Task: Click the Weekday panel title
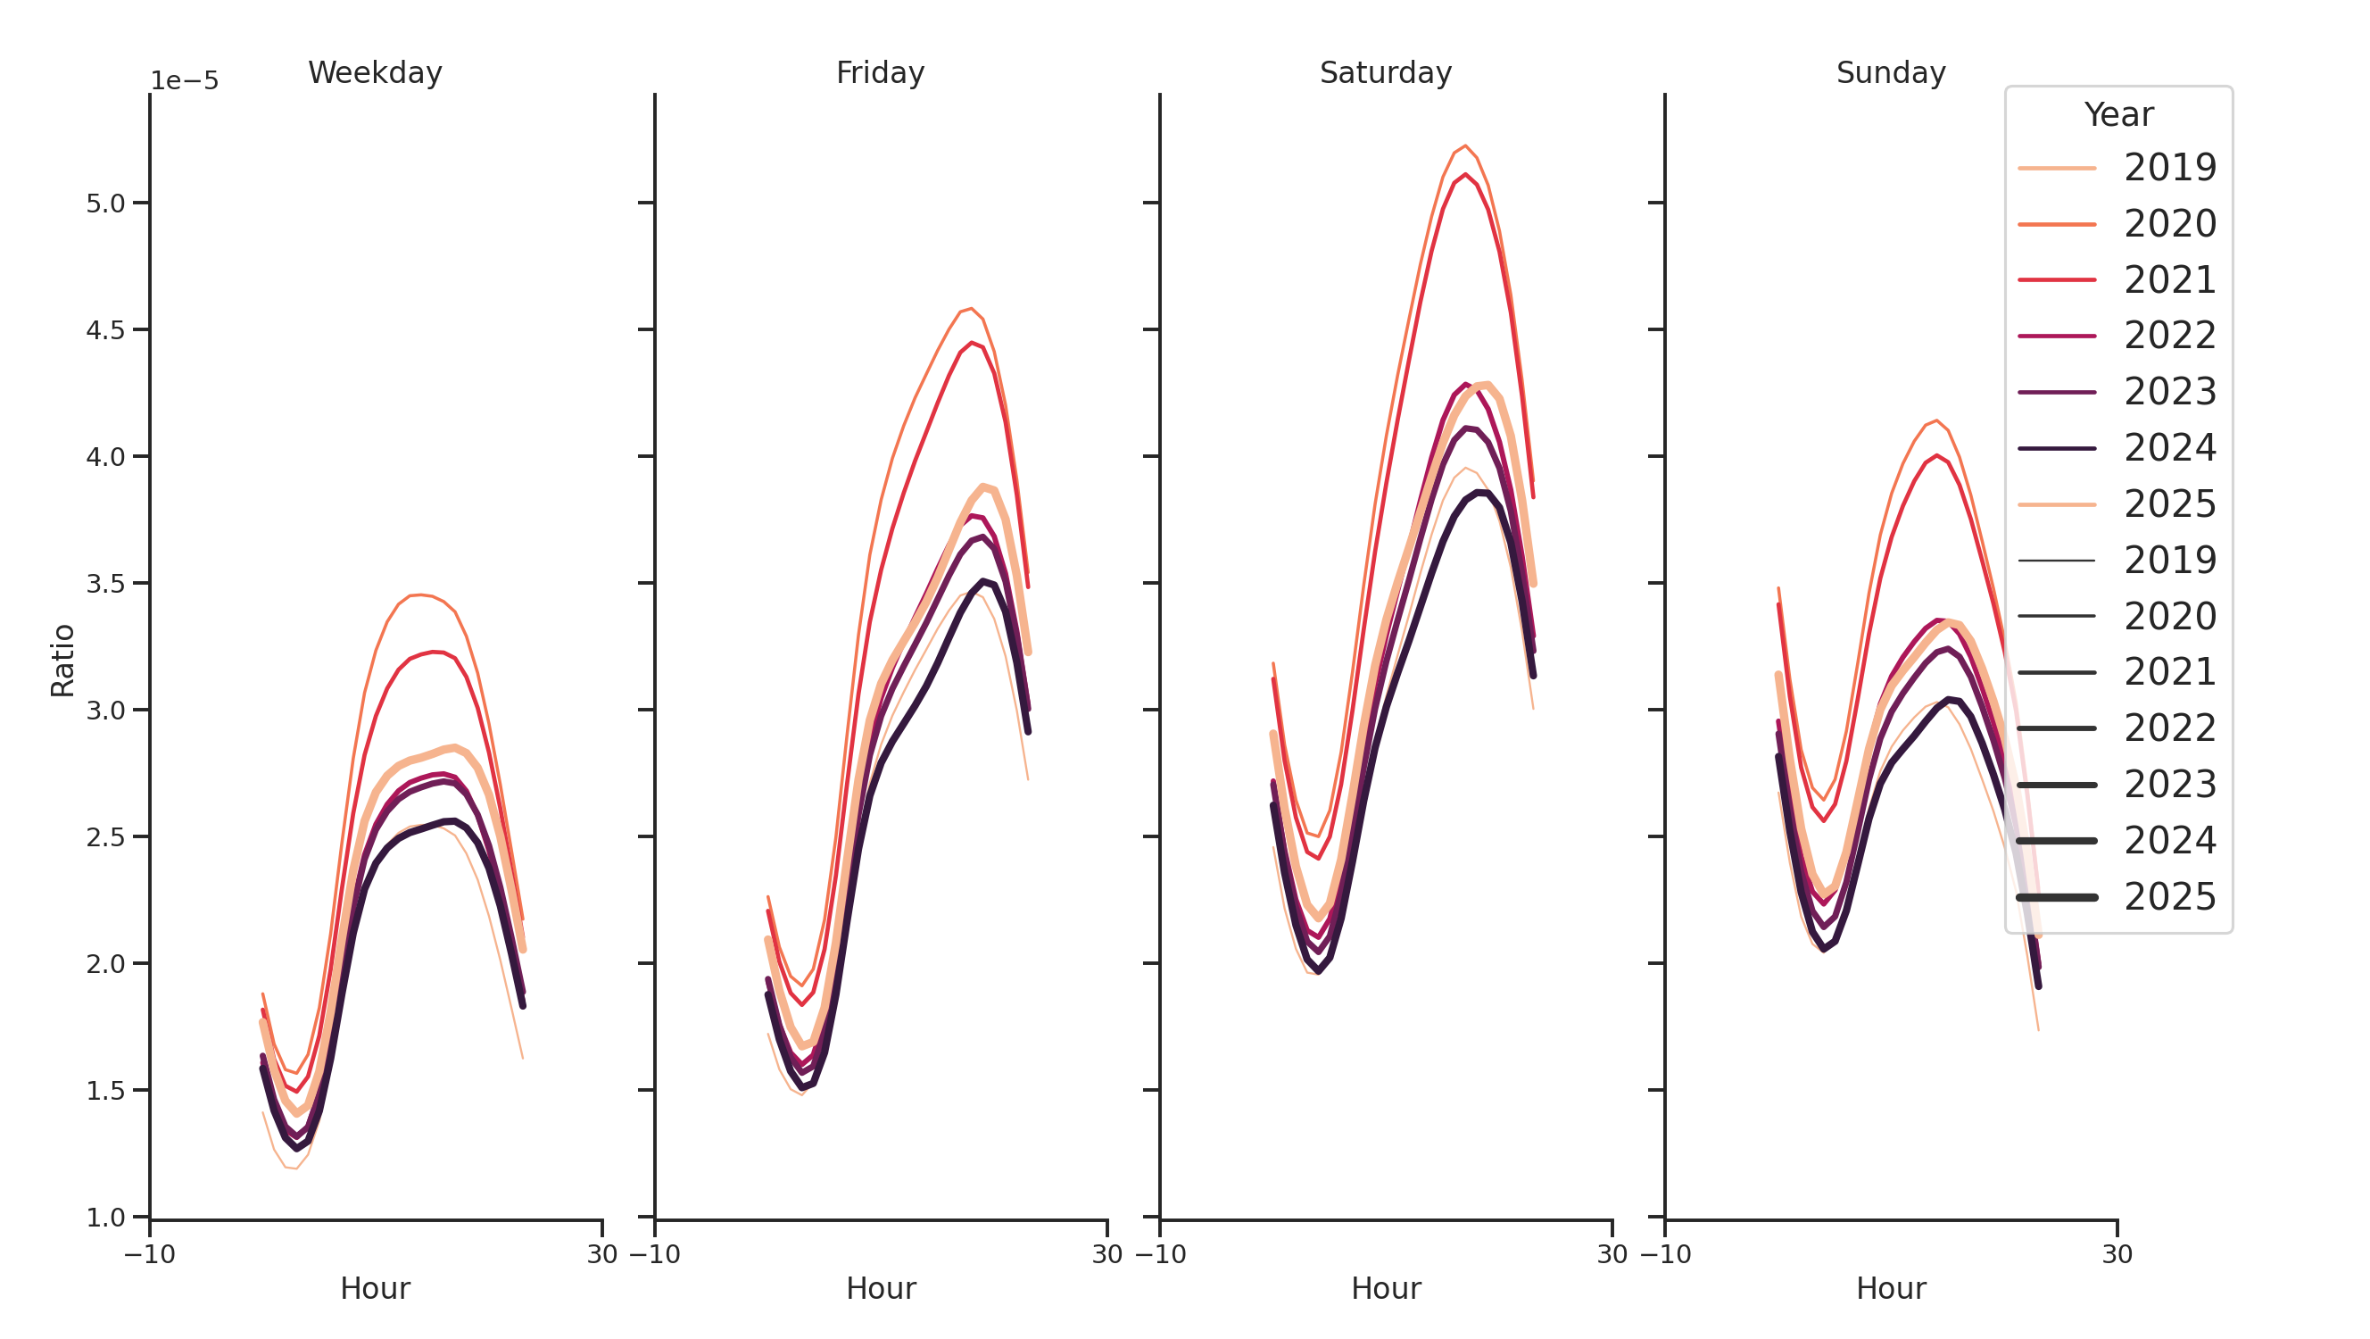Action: (x=375, y=72)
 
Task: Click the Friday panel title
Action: (x=880, y=72)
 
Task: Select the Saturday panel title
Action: (x=1385, y=72)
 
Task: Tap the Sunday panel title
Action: (x=1890, y=72)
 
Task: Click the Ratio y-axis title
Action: (x=62, y=660)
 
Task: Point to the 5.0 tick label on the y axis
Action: (x=105, y=204)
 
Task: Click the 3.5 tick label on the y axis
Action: (x=105, y=584)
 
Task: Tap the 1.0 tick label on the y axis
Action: (x=105, y=1217)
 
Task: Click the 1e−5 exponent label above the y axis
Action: (x=184, y=81)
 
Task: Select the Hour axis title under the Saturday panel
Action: (x=1385, y=1288)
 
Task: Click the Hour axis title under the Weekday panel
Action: (x=375, y=1288)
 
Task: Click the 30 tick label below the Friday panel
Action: (x=1106, y=1254)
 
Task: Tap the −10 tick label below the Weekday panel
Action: (x=149, y=1254)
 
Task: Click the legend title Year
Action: (x=2117, y=115)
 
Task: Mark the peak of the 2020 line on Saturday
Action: (x=1465, y=146)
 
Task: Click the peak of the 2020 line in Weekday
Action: (x=418, y=595)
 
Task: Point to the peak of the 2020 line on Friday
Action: (x=972, y=308)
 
